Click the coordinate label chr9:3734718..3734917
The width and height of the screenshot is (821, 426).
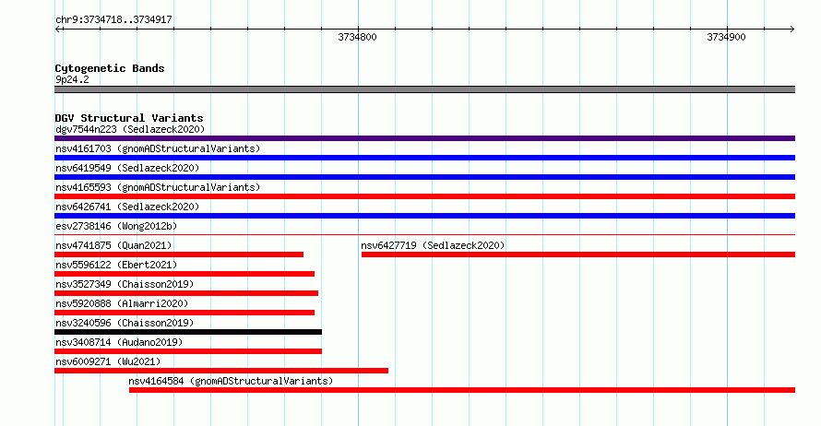(x=113, y=20)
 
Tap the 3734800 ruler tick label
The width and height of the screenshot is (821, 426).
(x=357, y=37)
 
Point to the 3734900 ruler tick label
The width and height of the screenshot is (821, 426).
(x=726, y=37)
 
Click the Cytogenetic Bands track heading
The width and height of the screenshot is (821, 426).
(x=110, y=68)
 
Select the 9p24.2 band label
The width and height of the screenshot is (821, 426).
(x=72, y=79)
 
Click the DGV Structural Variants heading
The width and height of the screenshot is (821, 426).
(x=129, y=118)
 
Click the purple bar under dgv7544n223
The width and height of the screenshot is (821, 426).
(x=424, y=138)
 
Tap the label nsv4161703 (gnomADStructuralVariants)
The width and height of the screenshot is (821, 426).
(x=158, y=148)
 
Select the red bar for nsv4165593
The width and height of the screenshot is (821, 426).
(x=424, y=196)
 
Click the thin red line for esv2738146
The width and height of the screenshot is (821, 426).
(x=424, y=234)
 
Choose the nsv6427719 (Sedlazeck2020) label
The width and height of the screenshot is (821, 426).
(x=433, y=245)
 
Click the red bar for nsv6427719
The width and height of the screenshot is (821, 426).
(x=578, y=254)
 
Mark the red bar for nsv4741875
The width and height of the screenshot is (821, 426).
(x=179, y=254)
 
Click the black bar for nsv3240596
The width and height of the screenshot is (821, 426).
(x=188, y=332)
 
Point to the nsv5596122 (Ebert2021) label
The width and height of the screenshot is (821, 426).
(x=116, y=265)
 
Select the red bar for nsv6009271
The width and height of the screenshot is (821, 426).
(x=221, y=371)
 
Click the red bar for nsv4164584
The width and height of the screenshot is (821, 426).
(x=462, y=390)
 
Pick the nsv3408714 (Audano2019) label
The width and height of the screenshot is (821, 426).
(x=119, y=342)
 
